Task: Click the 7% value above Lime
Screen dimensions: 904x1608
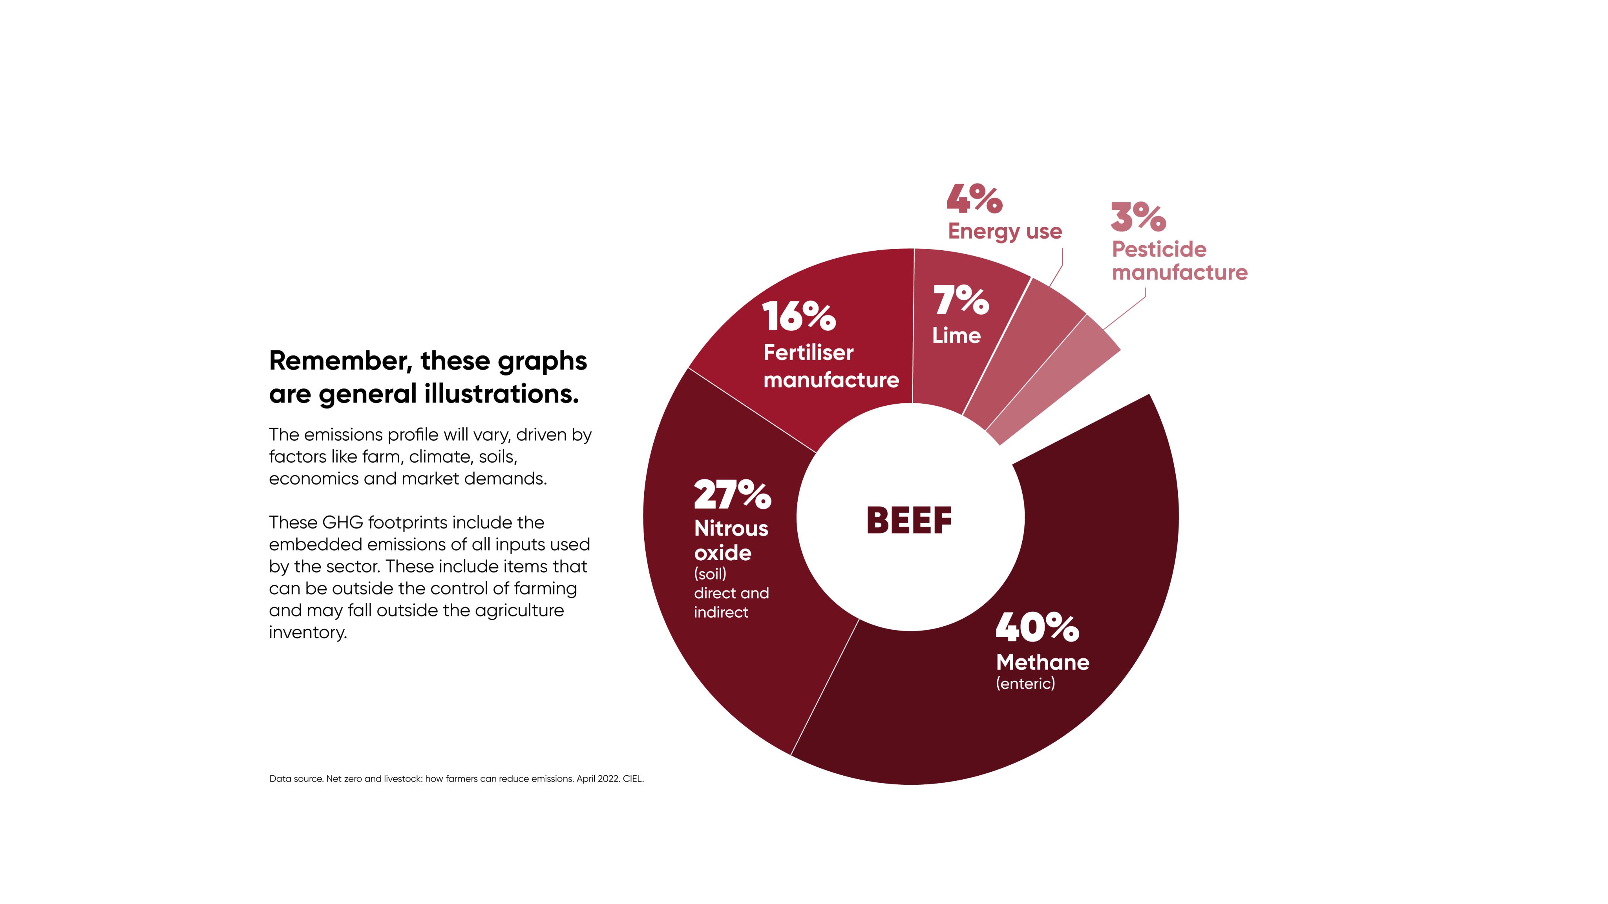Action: [x=961, y=300]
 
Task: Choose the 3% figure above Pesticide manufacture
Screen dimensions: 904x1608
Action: [x=1138, y=217]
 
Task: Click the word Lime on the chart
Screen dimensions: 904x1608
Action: [x=956, y=335]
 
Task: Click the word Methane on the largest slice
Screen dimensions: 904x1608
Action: [x=1042, y=662]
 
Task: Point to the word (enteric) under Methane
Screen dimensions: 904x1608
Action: [x=1025, y=684]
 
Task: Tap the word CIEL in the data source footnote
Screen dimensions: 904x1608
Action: [x=632, y=778]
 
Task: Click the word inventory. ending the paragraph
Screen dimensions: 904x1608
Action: [x=308, y=632]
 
